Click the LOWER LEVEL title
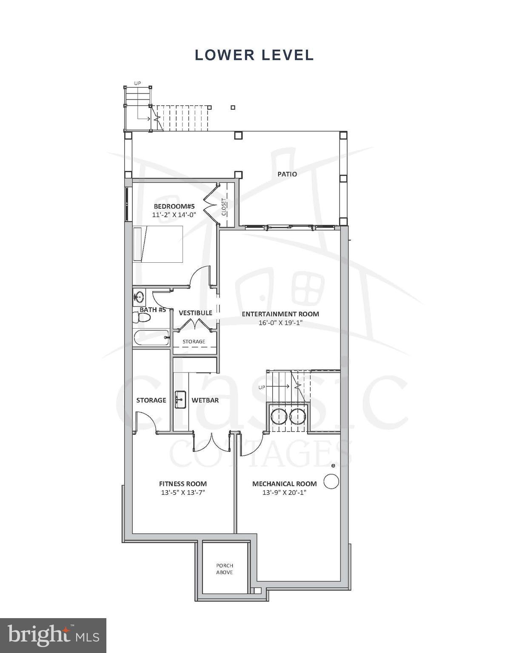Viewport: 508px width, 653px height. [254, 55]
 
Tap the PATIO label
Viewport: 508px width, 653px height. [287, 174]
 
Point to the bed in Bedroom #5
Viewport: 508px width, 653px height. [158, 244]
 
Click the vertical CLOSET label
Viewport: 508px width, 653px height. [224, 207]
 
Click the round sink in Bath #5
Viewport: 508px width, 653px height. [139, 296]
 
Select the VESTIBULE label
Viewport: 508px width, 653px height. [195, 313]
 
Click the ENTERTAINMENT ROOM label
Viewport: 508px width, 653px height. [280, 314]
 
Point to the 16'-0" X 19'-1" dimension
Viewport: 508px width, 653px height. [280, 323]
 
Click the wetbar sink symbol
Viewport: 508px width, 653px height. [180, 399]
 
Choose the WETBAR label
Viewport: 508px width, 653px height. [205, 400]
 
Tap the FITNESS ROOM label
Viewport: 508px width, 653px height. [183, 484]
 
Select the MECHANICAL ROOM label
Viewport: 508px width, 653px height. [284, 484]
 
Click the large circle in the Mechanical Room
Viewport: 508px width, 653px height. [331, 482]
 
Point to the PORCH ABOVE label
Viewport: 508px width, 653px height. [224, 569]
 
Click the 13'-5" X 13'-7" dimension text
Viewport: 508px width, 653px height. [183, 493]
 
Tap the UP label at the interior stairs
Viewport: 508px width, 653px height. [262, 387]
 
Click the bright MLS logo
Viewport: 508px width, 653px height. [53, 636]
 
